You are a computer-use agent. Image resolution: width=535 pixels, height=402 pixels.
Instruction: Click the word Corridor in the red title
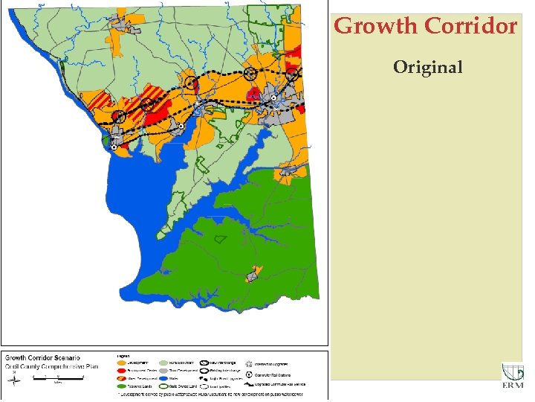[x=470, y=26]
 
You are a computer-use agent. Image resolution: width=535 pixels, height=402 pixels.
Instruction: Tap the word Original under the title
[x=427, y=68]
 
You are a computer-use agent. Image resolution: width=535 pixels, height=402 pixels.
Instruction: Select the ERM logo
[x=513, y=377]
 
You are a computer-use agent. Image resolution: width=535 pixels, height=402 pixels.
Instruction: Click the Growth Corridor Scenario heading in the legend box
[x=43, y=359]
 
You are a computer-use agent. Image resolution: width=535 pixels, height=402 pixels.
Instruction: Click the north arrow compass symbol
[x=15, y=381]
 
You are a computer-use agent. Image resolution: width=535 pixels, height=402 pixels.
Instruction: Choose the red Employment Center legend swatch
[x=120, y=369]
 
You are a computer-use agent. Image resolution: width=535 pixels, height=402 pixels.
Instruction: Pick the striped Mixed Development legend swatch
[x=120, y=377]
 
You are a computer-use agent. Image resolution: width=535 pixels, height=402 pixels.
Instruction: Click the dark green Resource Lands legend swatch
[x=120, y=386]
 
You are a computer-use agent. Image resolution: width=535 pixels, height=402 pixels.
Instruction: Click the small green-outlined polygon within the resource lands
[x=218, y=239]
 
